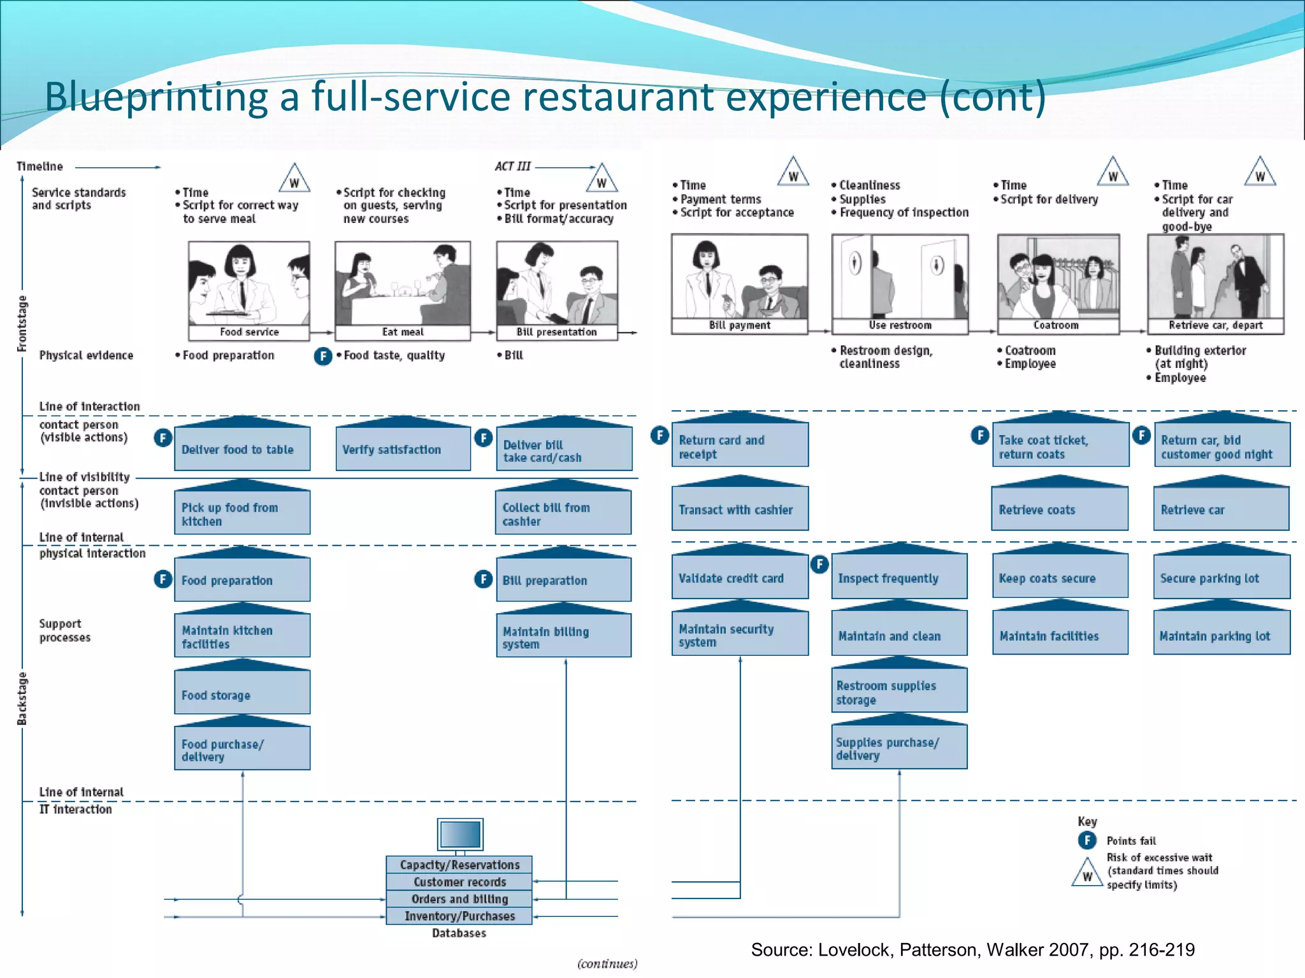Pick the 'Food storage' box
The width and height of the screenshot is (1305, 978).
[242, 694]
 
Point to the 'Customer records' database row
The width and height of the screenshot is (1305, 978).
[459, 882]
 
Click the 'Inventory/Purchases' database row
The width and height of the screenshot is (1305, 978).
[459, 916]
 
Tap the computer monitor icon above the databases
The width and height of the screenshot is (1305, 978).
[460, 834]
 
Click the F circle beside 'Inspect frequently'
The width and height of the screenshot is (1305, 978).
[819, 564]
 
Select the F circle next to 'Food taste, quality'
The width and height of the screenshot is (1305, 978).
[323, 356]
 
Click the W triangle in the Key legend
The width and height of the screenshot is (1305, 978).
[1087, 874]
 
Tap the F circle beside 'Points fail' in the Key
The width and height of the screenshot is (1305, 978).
[1087, 840]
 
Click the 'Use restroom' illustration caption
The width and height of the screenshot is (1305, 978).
[900, 325]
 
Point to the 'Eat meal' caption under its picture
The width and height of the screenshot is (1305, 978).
[403, 332]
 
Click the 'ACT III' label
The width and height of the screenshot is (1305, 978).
[512, 166]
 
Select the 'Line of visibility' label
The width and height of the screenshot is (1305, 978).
[84, 477]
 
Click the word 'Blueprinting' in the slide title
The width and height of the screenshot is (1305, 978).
[156, 97]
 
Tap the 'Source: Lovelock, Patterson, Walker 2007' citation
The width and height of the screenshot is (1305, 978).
[972, 950]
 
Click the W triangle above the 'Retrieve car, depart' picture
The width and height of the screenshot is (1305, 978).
[1260, 173]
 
